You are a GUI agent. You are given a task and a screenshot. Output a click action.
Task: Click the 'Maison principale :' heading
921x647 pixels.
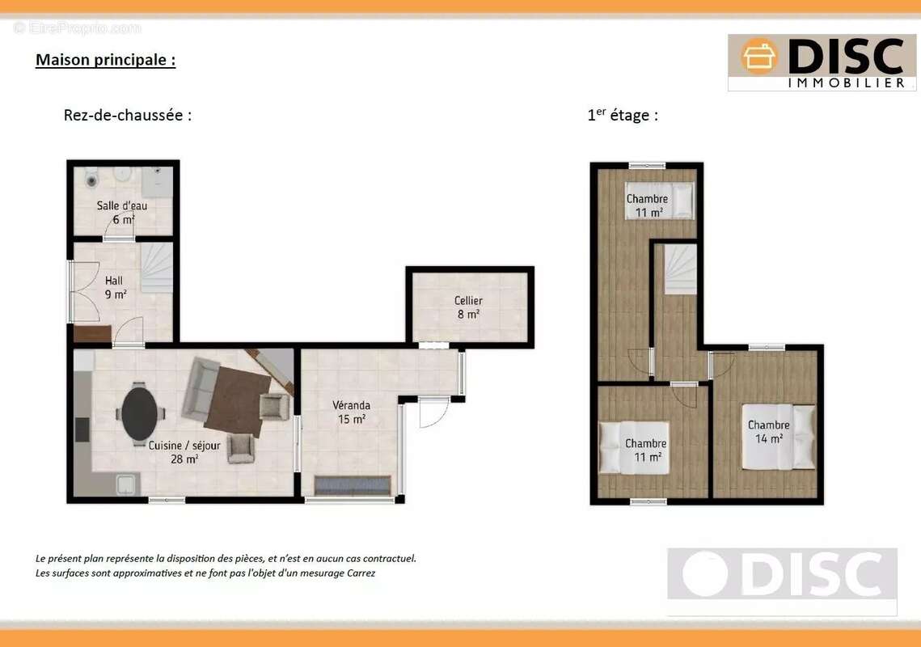tap(106, 60)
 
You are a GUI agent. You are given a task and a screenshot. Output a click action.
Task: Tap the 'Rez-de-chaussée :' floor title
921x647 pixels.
tap(128, 115)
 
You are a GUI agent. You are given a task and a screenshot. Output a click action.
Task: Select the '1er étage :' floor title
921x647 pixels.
tap(623, 115)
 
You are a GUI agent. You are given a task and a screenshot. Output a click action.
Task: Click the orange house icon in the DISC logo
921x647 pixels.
tap(759, 57)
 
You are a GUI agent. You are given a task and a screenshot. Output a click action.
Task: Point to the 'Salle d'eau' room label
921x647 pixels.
tap(121, 205)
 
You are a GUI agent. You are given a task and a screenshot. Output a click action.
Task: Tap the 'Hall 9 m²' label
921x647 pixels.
tap(115, 287)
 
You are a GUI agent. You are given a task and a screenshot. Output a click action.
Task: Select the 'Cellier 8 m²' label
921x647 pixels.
tap(468, 307)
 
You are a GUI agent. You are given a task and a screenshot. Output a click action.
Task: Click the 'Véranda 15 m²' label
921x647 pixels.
tap(351, 412)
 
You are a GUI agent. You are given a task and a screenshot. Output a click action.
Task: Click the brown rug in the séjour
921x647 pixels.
tap(238, 401)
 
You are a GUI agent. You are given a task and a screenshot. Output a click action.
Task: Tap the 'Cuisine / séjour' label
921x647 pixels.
tap(184, 446)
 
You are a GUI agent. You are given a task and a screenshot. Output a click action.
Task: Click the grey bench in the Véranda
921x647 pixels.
tap(353, 485)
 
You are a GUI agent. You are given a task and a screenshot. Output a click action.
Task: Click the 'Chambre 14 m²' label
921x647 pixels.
tap(768, 431)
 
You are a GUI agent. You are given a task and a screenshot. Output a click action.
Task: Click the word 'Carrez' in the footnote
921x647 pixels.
tap(361, 573)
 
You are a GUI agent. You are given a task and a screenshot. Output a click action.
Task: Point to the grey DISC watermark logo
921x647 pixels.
tap(782, 573)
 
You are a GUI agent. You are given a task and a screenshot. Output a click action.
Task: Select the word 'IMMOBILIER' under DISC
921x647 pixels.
tap(846, 82)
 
